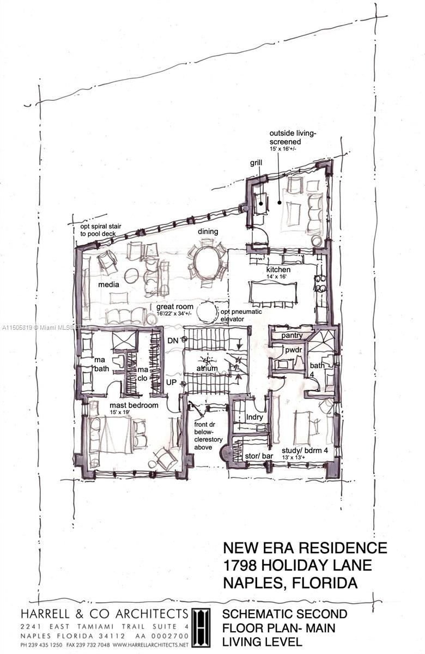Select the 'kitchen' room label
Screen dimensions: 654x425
click(278, 270)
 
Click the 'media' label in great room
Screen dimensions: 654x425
click(109, 284)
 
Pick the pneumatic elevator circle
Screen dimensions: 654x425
click(207, 312)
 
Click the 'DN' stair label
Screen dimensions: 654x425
click(173, 340)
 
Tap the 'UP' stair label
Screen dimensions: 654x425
click(171, 383)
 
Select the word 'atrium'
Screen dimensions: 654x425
click(207, 368)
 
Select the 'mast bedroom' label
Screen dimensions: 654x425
click(134, 405)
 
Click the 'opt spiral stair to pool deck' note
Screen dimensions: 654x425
click(100, 229)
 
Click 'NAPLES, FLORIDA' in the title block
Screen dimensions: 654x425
click(290, 583)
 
